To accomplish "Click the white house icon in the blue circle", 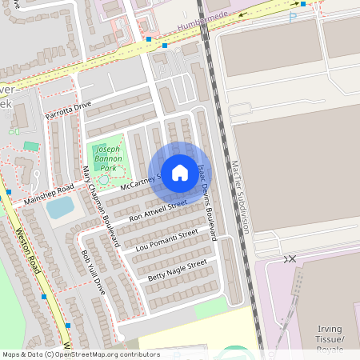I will pyautogui.click(x=180, y=173).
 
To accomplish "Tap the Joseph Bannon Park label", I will pyautogui.click(x=106, y=159).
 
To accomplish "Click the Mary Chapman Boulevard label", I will pyautogui.click(x=101, y=206).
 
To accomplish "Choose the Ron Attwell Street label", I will pyautogui.click(x=158, y=210).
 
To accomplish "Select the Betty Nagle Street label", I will pyautogui.click(x=178, y=270).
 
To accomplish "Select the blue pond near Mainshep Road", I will pyautogui.click(x=59, y=208).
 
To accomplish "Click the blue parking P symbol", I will pyautogui.click(x=292, y=16).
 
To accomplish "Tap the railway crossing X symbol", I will pyautogui.click(x=290, y=258).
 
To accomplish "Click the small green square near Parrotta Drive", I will pyautogui.click(x=30, y=146).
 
